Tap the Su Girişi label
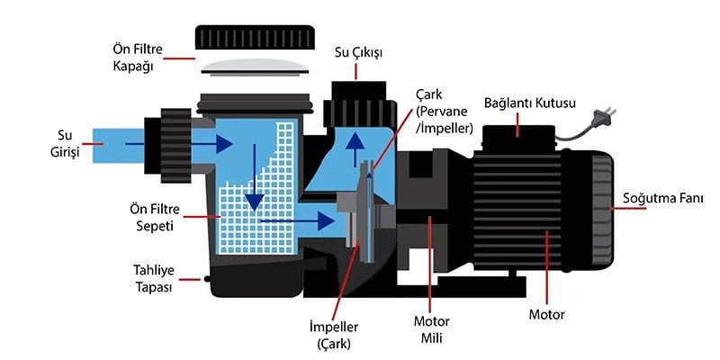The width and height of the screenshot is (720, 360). coord(64,145)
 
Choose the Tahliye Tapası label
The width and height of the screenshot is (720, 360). coord(152,279)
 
